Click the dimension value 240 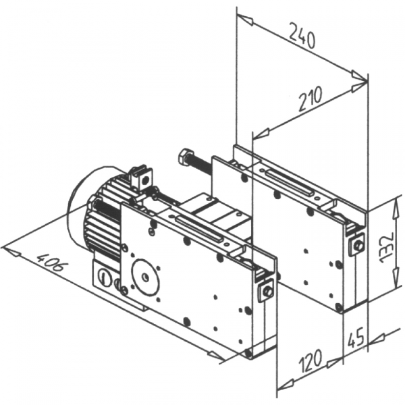(302, 35)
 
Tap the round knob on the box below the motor (103, 277)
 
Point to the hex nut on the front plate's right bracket (267, 291)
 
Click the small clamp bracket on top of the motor (142, 177)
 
